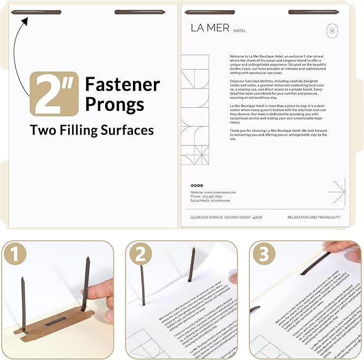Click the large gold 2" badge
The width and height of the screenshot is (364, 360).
[x=54, y=94]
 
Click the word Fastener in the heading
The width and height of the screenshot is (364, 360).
[x=122, y=84]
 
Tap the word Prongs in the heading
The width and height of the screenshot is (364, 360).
[x=114, y=104]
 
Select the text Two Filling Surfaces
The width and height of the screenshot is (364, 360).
[x=92, y=130]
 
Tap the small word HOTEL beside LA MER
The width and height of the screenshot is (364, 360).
[x=240, y=31]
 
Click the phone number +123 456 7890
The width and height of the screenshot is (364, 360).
[x=207, y=196]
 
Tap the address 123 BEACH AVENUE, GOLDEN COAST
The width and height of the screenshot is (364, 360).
[x=226, y=217]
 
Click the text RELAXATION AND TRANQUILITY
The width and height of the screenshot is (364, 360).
[x=314, y=217]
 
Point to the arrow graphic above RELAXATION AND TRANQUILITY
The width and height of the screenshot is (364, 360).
[x=336, y=191]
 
